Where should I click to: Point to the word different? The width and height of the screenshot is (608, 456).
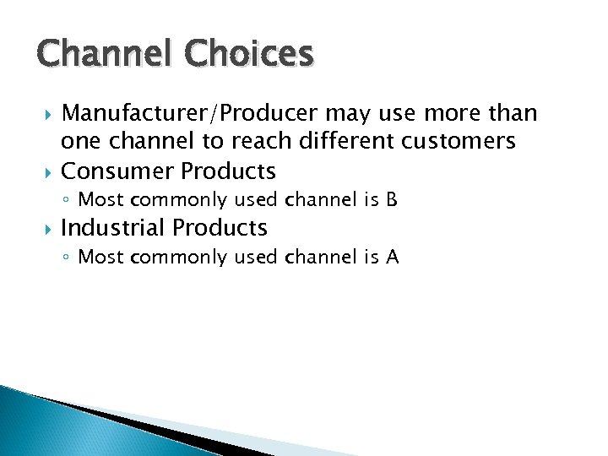tap(335, 142)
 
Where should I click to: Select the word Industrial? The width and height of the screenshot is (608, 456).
tap(114, 228)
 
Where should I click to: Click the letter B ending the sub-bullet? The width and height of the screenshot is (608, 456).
tap(390, 200)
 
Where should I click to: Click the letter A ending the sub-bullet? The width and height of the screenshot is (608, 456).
tap(392, 257)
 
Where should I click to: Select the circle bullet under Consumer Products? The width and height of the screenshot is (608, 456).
tap(68, 201)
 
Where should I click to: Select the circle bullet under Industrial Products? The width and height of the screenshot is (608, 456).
tap(68, 258)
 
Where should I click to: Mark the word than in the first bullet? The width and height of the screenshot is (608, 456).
tap(513, 114)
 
